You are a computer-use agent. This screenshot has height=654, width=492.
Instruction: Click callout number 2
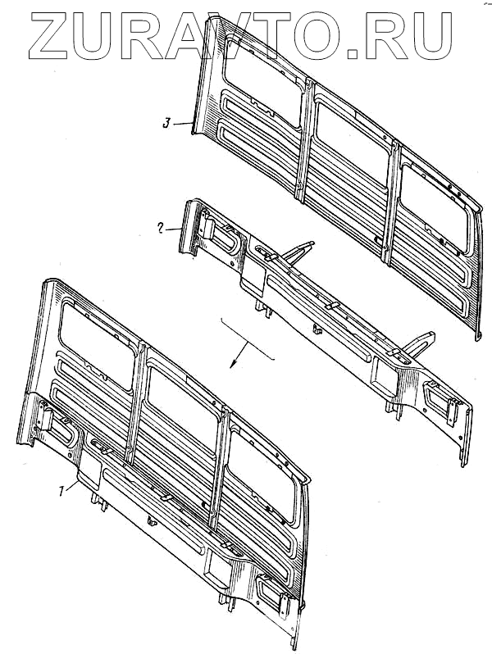pos(160,229)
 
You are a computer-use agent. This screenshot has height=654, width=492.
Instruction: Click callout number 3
pos(166,124)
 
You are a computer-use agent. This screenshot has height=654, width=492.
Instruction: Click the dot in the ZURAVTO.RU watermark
pos(354,52)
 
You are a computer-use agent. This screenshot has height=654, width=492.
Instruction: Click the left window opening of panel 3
pos(262,83)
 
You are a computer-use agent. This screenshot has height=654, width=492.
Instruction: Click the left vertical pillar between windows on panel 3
pos(305,138)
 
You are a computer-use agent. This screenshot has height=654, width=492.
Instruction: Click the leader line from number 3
pos(182,124)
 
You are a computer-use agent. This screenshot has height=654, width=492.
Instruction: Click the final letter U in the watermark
pos(430,35)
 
